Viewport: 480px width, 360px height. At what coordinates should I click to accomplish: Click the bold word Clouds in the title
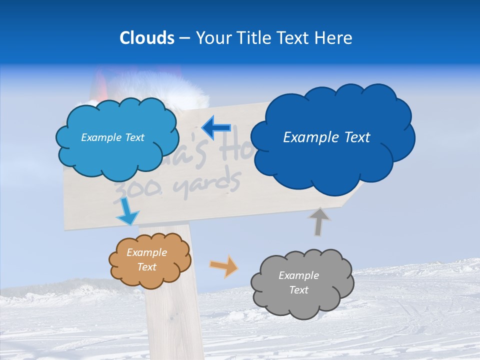pyautogui.click(x=146, y=38)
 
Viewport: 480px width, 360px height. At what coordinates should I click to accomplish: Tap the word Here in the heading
pyautogui.click(x=332, y=38)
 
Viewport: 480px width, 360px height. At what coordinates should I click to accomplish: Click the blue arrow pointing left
pyautogui.click(x=215, y=128)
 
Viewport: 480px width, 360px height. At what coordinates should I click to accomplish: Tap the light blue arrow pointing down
pyautogui.click(x=127, y=212)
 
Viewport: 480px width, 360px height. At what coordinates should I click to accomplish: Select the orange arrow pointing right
pyautogui.click(x=224, y=266)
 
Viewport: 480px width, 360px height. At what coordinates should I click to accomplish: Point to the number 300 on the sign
pyautogui.click(x=132, y=189)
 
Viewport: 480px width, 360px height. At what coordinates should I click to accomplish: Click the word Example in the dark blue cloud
pyautogui.click(x=307, y=137)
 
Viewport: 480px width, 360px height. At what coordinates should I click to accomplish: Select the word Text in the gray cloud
pyautogui.click(x=298, y=290)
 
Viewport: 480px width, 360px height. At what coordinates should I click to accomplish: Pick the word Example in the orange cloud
pyautogui.click(x=146, y=252)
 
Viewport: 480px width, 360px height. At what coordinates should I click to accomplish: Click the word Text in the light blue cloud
pyautogui.click(x=133, y=137)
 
